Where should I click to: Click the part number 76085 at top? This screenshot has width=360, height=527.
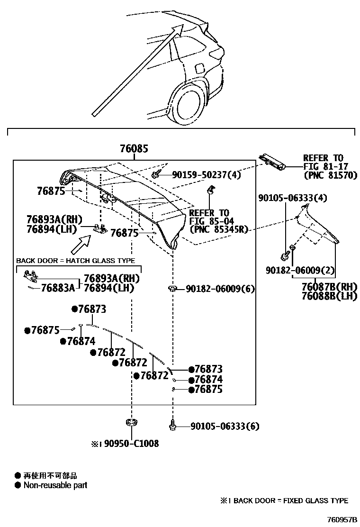(x=134, y=149)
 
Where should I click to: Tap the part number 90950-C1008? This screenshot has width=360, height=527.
(x=131, y=444)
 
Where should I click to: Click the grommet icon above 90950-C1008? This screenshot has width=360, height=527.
(x=131, y=422)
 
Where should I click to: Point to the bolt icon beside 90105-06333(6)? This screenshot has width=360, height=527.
(x=173, y=426)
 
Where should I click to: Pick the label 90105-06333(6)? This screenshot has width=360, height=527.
(x=225, y=427)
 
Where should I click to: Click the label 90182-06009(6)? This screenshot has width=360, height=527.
(x=220, y=289)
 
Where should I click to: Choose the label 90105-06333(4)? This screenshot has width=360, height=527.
(x=293, y=198)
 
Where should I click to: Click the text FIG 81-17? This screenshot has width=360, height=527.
(x=323, y=166)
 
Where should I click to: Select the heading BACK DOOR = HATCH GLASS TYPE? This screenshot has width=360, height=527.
(x=76, y=261)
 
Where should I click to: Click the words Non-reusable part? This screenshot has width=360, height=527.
(x=55, y=485)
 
